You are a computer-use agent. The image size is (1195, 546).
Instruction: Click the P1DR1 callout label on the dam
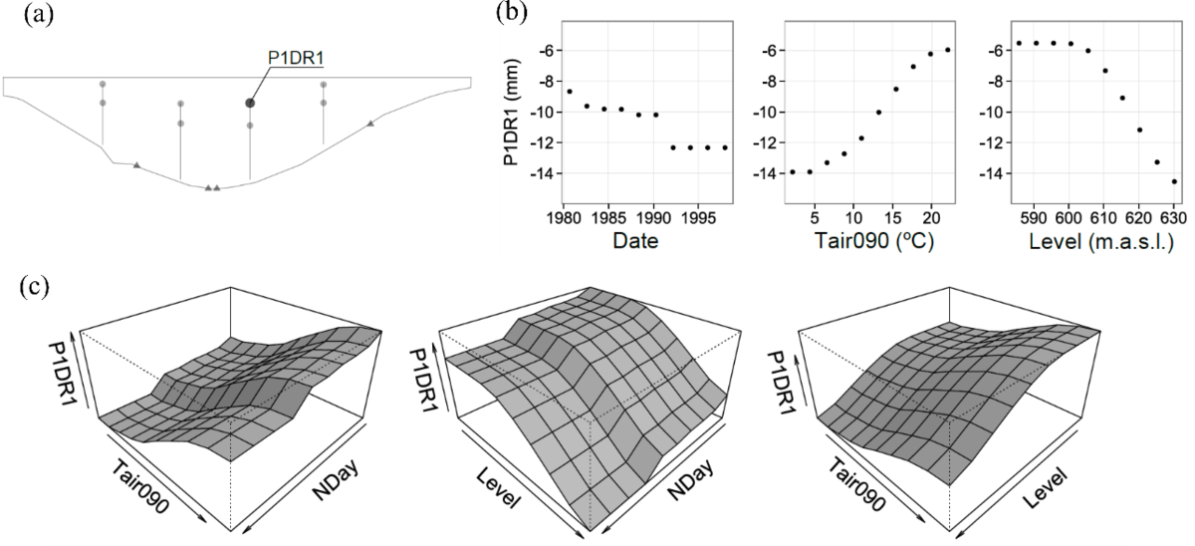297,58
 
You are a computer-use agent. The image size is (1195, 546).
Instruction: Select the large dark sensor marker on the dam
250,103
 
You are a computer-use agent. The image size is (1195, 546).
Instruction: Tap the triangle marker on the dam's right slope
370,123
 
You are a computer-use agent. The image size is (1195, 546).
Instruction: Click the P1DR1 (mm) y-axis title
512,125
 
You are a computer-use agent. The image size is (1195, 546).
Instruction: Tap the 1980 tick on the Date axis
564,215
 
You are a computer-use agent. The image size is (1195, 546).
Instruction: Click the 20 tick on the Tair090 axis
930,215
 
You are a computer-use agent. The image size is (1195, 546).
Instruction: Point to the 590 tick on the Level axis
1035,215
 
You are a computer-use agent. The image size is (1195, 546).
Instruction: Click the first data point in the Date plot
570,92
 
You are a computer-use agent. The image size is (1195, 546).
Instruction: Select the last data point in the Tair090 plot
947,50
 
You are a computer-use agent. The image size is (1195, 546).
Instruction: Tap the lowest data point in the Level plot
1174,181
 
